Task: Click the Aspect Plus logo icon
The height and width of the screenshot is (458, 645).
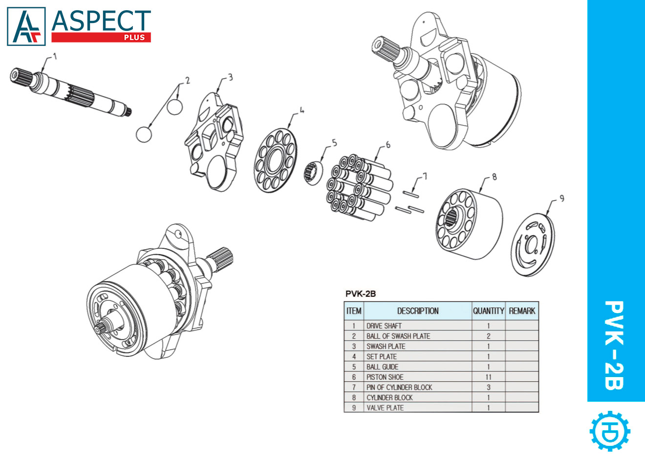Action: pyautogui.click(x=26, y=26)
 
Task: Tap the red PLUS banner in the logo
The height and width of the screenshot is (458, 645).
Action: pyautogui.click(x=101, y=37)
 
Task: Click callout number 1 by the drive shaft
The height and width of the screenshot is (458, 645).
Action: pyautogui.click(x=55, y=56)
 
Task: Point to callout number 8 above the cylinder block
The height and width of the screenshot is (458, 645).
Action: pyautogui.click(x=494, y=177)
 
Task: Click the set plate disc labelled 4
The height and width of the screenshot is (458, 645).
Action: pyautogui.click(x=275, y=160)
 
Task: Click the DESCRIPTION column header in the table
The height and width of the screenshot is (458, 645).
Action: pyautogui.click(x=417, y=311)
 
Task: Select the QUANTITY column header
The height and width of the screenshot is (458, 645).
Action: pyautogui.click(x=488, y=311)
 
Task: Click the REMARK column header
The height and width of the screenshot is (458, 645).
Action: pyautogui.click(x=522, y=311)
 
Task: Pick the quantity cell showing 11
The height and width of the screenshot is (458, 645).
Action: pyautogui.click(x=488, y=377)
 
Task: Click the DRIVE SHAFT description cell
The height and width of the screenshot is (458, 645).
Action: pyautogui.click(x=384, y=326)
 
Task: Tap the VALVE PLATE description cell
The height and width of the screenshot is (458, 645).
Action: pyautogui.click(x=385, y=408)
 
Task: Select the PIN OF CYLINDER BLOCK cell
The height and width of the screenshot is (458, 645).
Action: pyautogui.click(x=399, y=387)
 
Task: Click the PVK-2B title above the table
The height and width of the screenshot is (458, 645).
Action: pyautogui.click(x=361, y=294)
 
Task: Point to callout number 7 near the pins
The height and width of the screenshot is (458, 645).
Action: pyautogui.click(x=425, y=176)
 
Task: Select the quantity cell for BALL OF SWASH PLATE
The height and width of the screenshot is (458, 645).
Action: pyautogui.click(x=488, y=336)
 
